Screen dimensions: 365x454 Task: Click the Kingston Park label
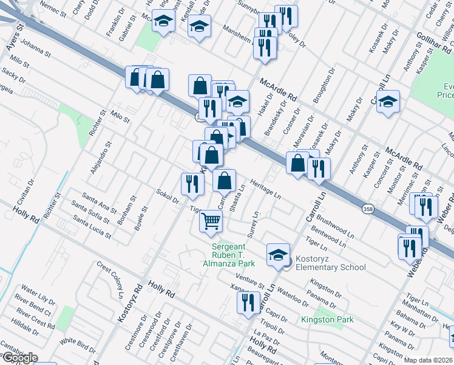[327, 319]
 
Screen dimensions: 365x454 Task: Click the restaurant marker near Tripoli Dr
[248, 302]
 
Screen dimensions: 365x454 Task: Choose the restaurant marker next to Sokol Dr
[192, 184]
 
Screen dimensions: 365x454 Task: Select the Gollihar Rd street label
[432, 41]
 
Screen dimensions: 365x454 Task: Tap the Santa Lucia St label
[92, 226]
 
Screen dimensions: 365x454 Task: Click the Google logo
[19, 358]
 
